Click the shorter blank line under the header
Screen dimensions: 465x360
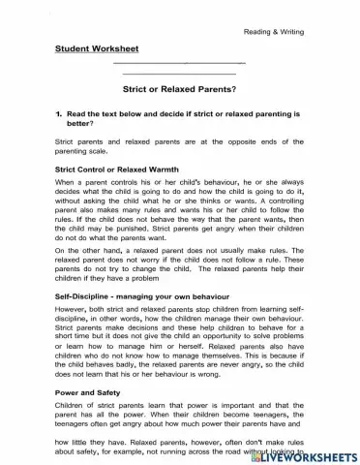click(180, 74)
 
